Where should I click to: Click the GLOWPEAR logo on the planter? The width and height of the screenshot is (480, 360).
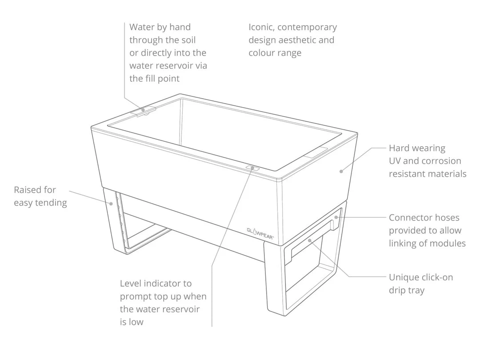261,230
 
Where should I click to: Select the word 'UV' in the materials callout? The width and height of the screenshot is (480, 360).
396,161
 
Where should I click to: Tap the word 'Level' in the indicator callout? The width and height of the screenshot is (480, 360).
131,283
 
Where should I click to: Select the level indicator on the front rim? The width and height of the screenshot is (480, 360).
252,168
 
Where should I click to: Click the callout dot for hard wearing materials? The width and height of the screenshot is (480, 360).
341,170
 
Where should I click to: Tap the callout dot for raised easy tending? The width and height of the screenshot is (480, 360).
111,204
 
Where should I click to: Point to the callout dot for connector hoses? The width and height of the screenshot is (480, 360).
336,217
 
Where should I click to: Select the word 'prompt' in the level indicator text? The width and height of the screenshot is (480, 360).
136,296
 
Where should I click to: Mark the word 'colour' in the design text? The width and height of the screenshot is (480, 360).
262,53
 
